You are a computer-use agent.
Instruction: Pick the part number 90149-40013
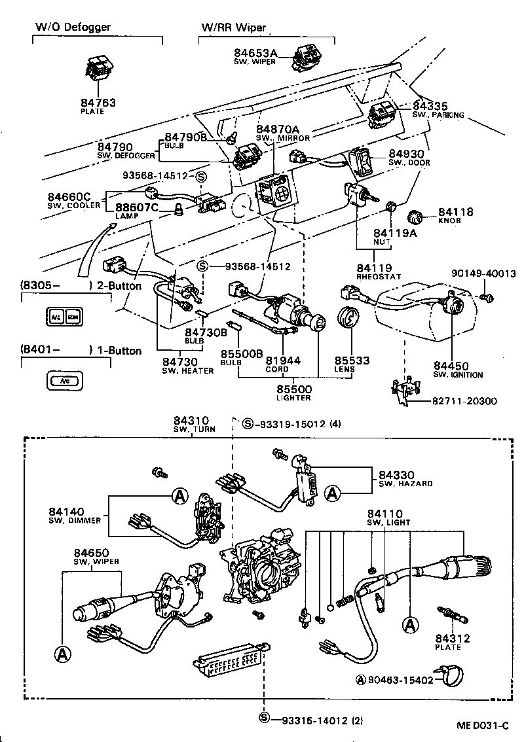tap(484, 273)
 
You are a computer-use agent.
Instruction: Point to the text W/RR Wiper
tap(233, 27)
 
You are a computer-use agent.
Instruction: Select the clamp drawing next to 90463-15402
tap(456, 679)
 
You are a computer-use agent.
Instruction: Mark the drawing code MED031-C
tap(482, 726)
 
